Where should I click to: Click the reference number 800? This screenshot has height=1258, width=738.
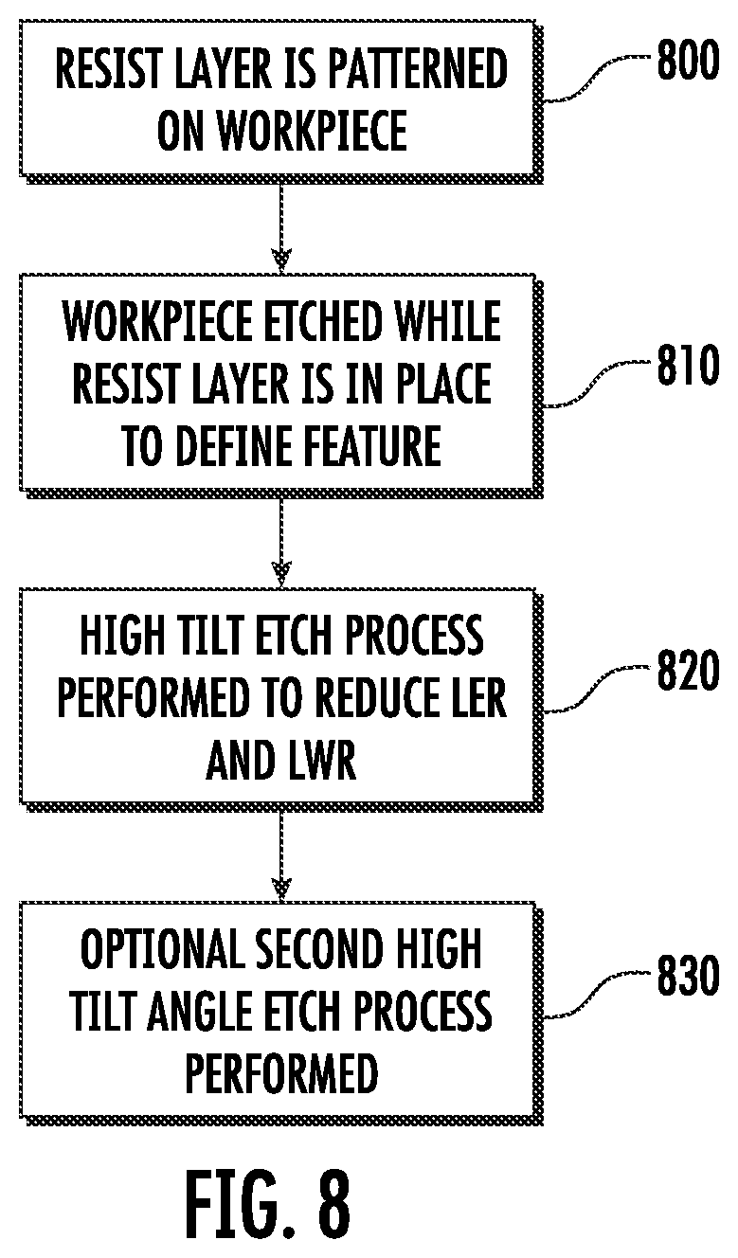tap(688, 60)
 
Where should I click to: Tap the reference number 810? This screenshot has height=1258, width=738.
tap(688, 365)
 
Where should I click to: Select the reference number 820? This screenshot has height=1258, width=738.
tap(688, 670)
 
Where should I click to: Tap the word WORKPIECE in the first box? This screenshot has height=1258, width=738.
tap(313, 131)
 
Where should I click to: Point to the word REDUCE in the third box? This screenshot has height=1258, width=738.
tap(379, 697)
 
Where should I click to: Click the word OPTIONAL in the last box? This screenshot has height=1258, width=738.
tap(162, 949)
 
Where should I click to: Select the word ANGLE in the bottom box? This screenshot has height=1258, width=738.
tap(199, 1011)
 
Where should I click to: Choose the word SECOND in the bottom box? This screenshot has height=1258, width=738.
tap(315, 949)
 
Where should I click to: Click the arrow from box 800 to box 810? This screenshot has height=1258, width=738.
tap(281, 228)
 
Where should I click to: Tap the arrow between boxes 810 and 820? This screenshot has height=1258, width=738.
tap(281, 542)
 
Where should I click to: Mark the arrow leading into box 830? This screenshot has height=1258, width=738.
tap(281, 856)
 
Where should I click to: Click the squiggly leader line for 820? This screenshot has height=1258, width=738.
tap(595, 689)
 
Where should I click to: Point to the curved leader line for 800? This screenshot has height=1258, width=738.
tap(595, 79)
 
